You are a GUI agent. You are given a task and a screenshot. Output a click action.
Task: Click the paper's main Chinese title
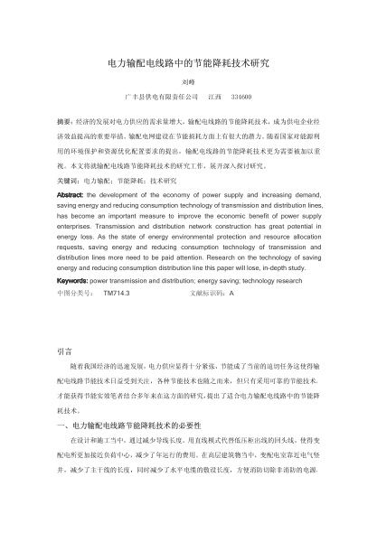[x=188, y=65]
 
